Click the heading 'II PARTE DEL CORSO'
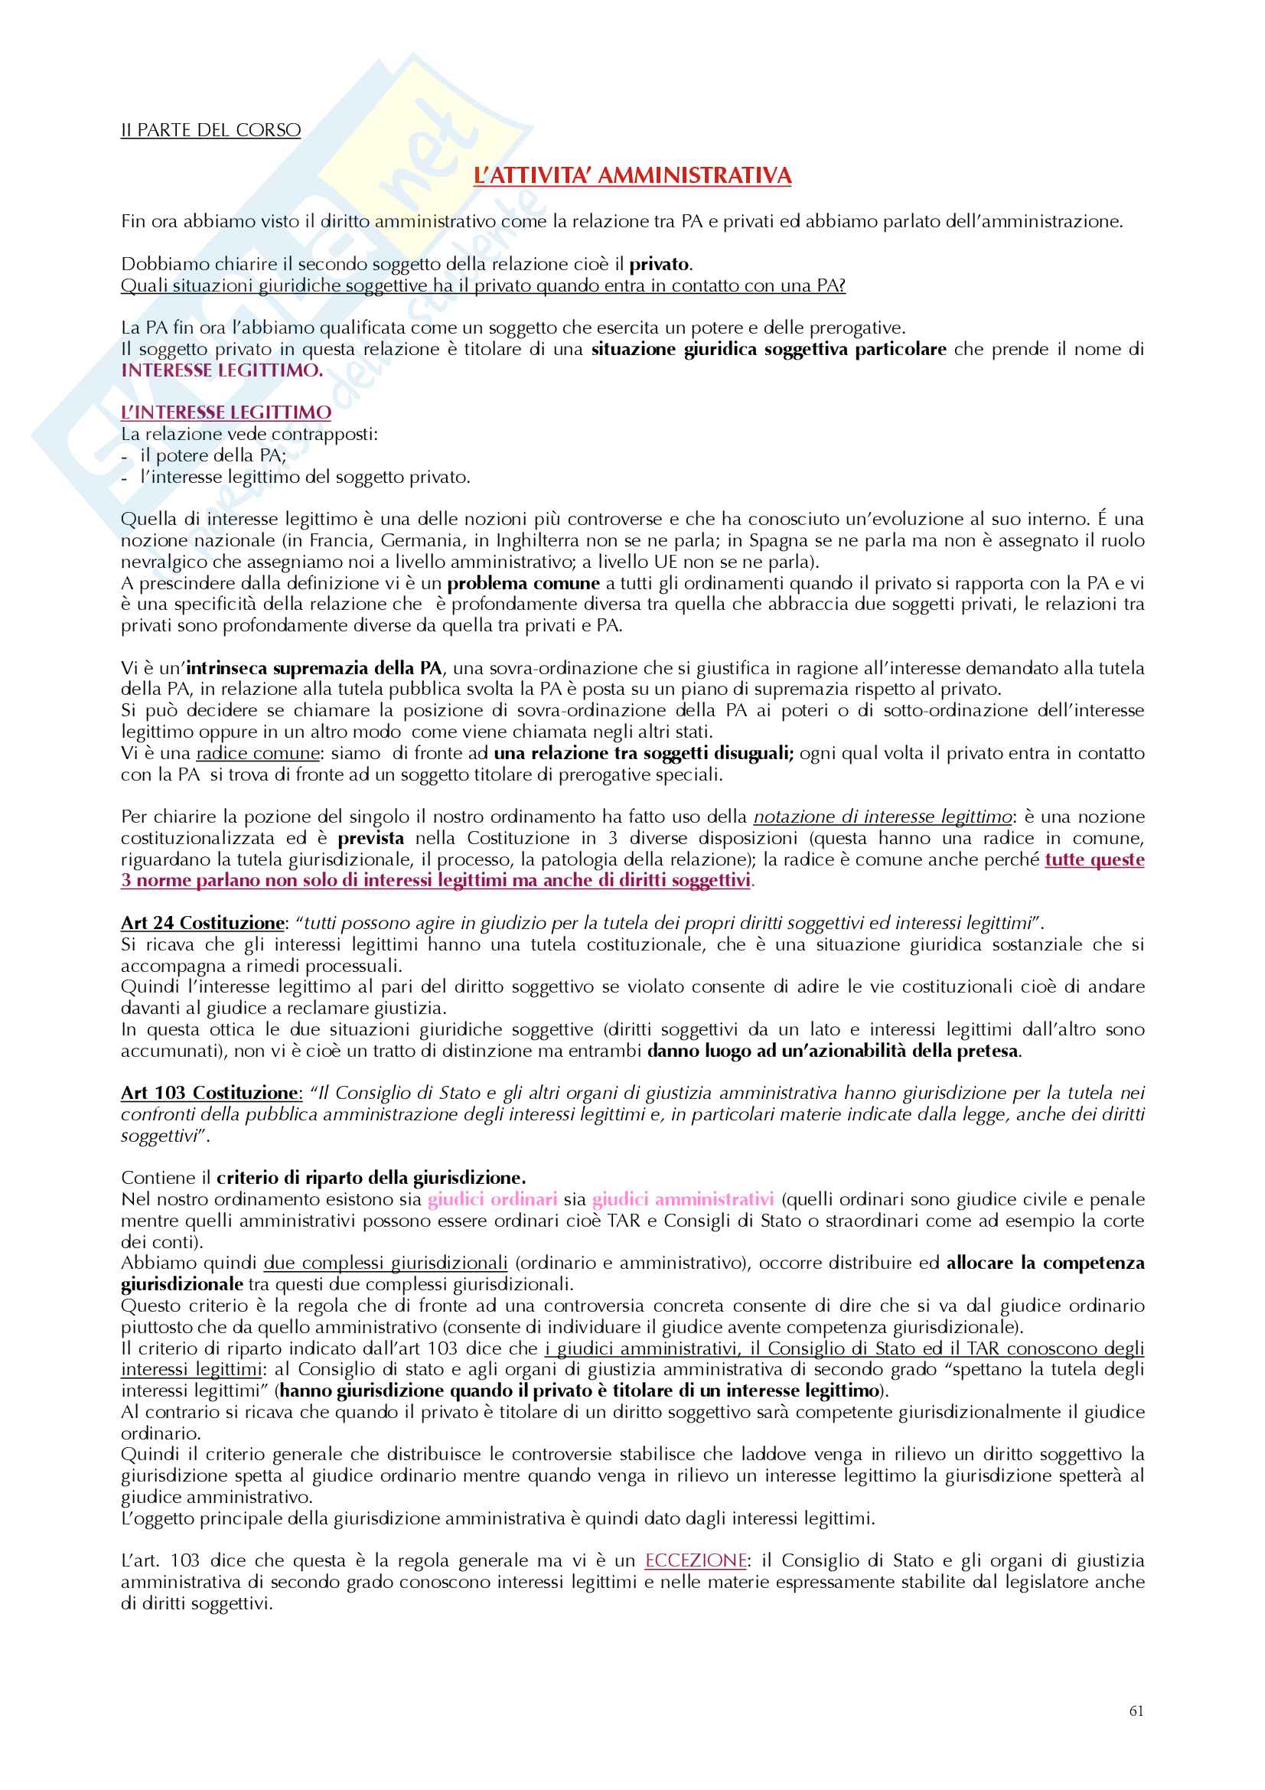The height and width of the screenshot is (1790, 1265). pos(210,130)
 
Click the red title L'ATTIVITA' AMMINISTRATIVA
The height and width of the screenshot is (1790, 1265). pos(632,176)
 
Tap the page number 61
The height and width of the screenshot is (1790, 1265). pos(1136,1710)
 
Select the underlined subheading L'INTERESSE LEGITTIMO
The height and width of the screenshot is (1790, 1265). pos(226,412)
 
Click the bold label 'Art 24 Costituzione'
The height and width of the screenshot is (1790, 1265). pos(203,923)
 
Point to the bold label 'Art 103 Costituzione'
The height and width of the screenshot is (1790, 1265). pos(210,1093)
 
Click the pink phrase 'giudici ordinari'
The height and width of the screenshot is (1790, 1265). pos(493,1199)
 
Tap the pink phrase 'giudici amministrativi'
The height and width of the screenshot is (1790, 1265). pos(683,1199)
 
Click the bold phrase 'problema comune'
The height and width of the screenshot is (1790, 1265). pos(523,583)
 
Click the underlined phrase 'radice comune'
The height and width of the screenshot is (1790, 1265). pos(258,753)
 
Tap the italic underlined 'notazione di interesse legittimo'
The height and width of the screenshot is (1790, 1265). pos(882,817)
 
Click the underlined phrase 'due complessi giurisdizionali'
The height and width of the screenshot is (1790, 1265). pos(385,1263)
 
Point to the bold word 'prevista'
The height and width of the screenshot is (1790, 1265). pos(370,838)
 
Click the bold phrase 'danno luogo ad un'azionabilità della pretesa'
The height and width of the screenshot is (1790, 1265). pos(833,1051)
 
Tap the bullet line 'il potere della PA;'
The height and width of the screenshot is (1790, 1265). pos(213,455)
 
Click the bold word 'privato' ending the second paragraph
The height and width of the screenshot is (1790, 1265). pos(659,264)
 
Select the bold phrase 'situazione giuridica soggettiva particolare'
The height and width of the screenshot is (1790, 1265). pos(768,349)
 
